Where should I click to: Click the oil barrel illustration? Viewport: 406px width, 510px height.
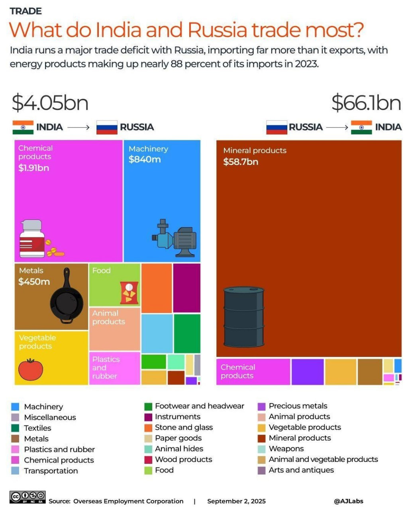243,316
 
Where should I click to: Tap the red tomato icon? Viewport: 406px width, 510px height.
31,369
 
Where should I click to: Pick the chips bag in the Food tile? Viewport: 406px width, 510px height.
129,292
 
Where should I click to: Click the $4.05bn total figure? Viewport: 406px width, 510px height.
50,102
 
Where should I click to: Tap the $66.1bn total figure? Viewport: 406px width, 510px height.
366,102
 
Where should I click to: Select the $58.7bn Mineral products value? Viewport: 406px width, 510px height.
241,162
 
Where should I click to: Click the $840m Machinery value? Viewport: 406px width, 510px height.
145,159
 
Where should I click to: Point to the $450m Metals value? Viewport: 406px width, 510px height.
34,282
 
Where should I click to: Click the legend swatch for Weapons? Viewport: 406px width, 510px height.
261,449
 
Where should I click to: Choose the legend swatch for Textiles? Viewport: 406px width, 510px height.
15,428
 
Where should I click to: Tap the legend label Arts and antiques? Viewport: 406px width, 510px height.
301,470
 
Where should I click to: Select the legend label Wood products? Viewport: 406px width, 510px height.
183,459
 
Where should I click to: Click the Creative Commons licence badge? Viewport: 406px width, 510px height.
27,497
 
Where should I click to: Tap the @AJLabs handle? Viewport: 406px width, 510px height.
349,501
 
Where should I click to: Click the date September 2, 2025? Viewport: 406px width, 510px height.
236,501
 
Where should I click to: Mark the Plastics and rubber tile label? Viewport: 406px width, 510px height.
106,367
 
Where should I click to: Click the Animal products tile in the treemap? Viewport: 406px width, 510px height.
115,329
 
